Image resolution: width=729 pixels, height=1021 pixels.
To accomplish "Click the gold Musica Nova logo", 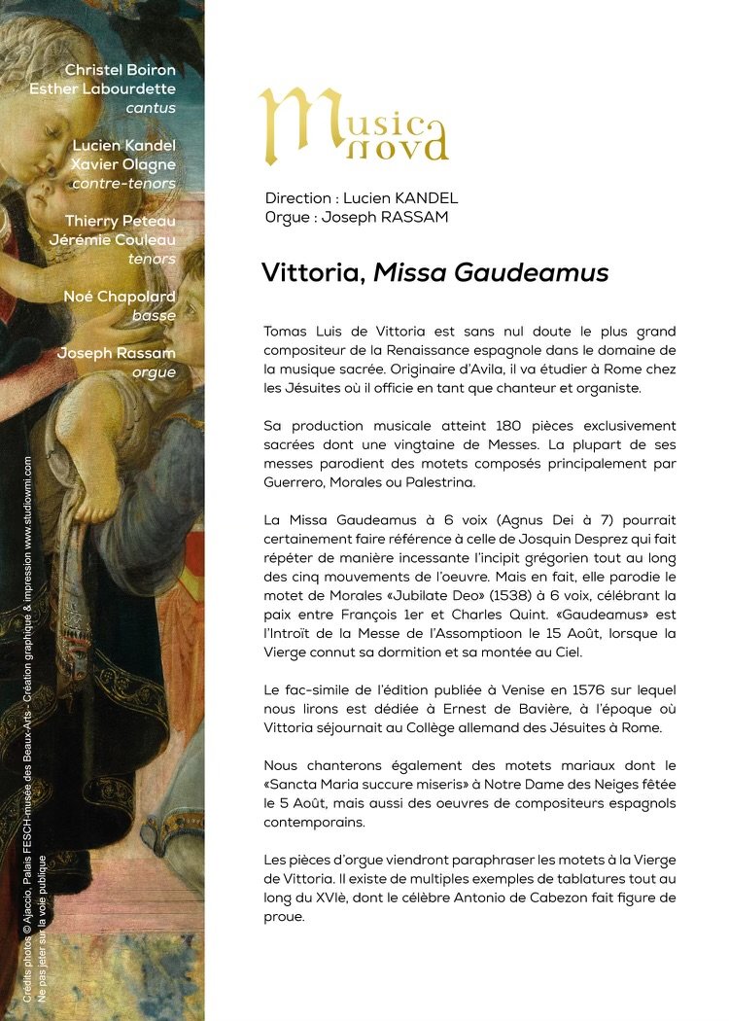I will pos(352,124).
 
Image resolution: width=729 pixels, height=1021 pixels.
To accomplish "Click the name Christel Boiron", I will pos(120,70).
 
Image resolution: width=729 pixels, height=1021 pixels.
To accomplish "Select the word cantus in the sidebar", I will pos(151,108).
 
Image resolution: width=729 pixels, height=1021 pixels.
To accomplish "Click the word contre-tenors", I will pos(123,183).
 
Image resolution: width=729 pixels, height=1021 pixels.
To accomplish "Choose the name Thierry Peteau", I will pos(121,221).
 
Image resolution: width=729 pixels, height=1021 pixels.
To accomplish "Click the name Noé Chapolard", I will pos(120,297).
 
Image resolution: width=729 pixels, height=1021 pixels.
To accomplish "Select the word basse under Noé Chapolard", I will pos(155,316).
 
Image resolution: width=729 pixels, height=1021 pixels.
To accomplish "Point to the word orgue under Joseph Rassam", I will pos(154,372).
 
